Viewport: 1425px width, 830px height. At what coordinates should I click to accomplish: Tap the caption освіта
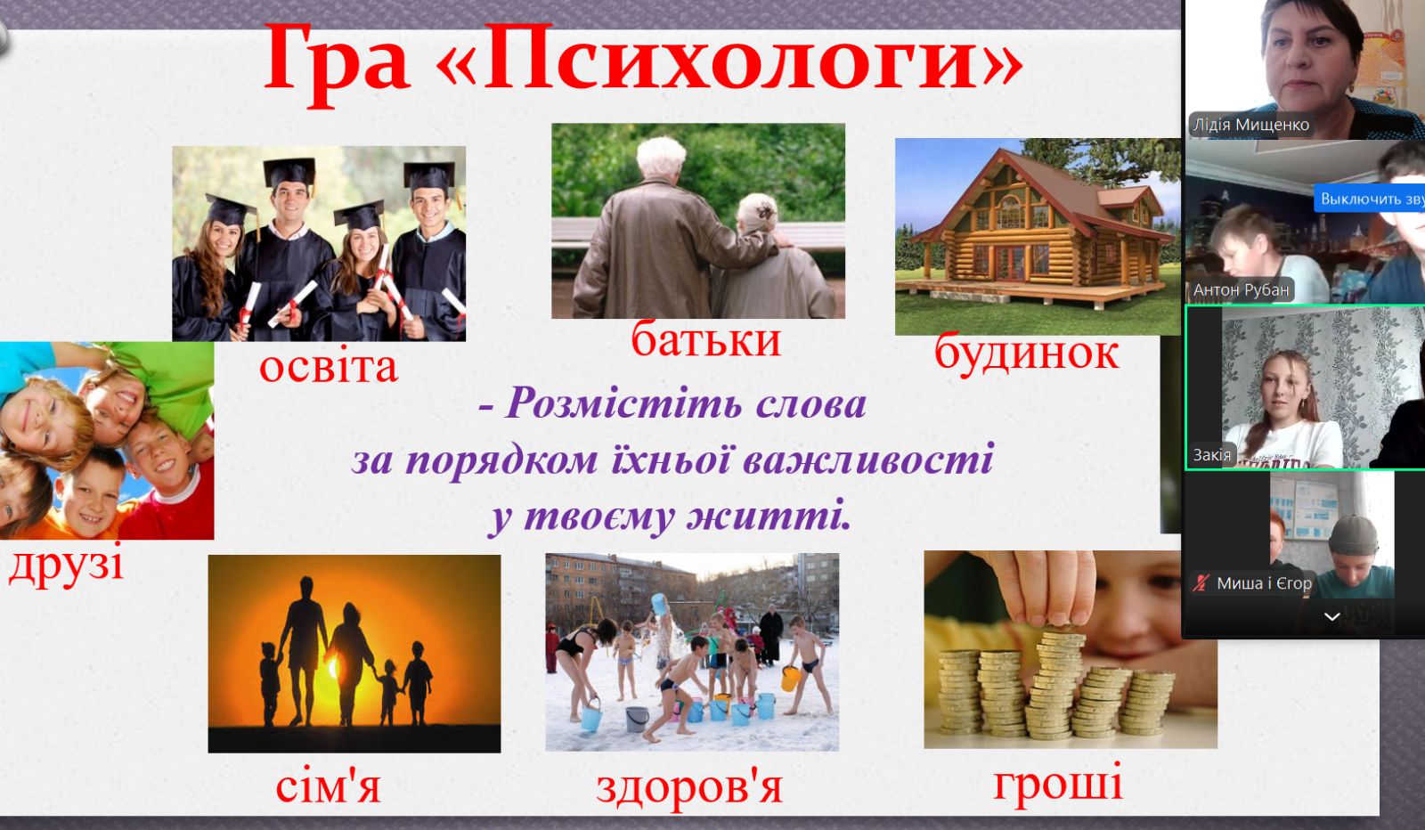click(329, 366)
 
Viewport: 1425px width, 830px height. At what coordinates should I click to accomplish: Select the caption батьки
click(705, 339)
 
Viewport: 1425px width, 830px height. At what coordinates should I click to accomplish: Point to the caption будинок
click(1026, 353)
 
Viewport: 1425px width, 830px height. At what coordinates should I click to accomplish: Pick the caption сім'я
click(329, 785)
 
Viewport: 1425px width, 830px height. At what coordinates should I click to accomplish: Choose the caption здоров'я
click(689, 787)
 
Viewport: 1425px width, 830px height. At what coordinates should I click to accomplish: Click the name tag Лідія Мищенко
click(1250, 124)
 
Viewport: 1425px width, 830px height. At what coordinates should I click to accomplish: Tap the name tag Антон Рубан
click(1242, 290)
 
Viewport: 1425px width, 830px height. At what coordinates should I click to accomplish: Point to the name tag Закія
click(1212, 455)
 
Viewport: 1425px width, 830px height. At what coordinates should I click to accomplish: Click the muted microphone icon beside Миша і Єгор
click(1201, 582)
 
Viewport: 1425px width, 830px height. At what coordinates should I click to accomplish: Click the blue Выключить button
click(1370, 199)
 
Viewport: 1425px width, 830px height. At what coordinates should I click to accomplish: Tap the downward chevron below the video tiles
click(1332, 616)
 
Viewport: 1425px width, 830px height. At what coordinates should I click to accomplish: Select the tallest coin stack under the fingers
click(1057, 684)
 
